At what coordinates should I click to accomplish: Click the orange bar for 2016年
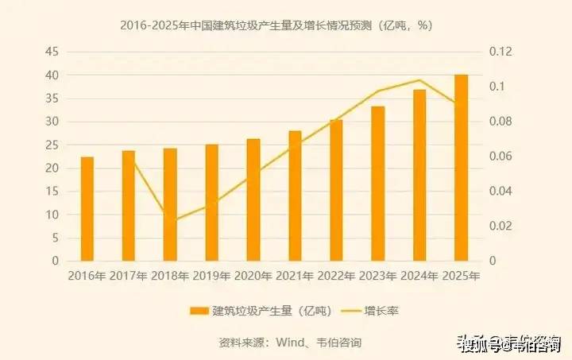pyautogui.click(x=87, y=209)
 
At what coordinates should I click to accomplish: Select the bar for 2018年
pyautogui.click(x=170, y=205)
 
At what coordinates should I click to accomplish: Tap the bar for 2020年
pyautogui.click(x=253, y=200)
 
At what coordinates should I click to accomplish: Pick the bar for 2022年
pyautogui.click(x=336, y=191)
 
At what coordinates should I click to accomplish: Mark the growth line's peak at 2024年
pyautogui.click(x=419, y=79)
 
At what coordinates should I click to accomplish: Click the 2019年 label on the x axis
pyautogui.click(x=211, y=277)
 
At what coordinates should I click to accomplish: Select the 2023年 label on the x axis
pyautogui.click(x=377, y=277)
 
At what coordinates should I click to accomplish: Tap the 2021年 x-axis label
pyautogui.click(x=294, y=277)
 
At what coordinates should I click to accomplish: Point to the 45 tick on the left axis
pyautogui.click(x=52, y=52)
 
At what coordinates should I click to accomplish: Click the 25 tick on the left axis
pyautogui.click(x=52, y=145)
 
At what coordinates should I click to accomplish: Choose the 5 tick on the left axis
pyautogui.click(x=56, y=238)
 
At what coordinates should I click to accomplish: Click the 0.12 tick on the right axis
pyautogui.click(x=502, y=52)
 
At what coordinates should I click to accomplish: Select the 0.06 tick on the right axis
pyautogui.click(x=502, y=157)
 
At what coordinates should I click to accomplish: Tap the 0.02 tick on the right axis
pyautogui.click(x=502, y=226)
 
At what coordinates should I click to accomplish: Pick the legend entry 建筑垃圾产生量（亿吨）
pyautogui.click(x=252, y=310)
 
